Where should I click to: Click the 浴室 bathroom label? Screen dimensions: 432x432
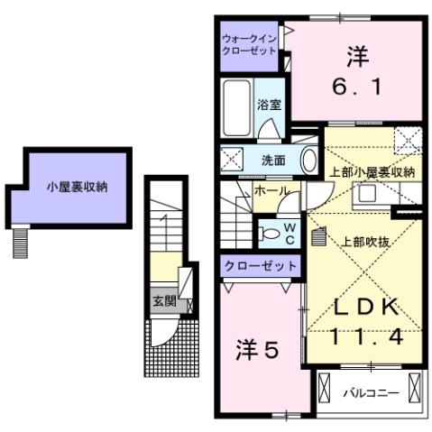pos(269,105)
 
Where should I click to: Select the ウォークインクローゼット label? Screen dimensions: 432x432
pos(249,45)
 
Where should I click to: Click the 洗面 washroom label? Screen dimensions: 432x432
pos(273,161)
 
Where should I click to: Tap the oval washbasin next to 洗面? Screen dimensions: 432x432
pos(308,161)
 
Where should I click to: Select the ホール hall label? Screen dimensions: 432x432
pos(271,192)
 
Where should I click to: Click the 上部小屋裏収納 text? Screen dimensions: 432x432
pos(372,171)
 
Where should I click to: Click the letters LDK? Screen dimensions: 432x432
pos(364,307)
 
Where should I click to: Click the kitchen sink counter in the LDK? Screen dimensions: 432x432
pos(370,194)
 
